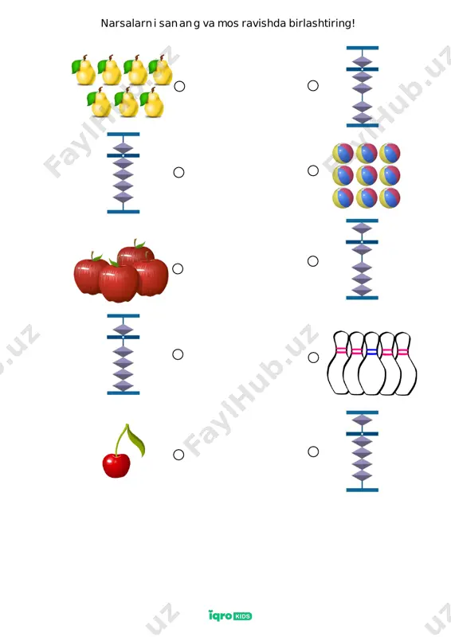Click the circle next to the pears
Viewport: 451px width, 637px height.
[179, 86]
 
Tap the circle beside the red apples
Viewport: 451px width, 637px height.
[178, 268]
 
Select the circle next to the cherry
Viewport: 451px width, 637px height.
[178, 455]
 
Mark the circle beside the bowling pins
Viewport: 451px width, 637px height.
[313, 358]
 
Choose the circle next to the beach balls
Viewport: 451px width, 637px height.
[312, 170]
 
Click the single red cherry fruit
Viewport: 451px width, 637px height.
[116, 466]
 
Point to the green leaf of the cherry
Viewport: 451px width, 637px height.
[136, 441]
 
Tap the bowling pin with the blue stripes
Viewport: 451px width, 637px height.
[372, 363]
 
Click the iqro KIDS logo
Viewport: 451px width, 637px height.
[230, 616]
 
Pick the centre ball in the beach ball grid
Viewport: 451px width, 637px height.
[367, 175]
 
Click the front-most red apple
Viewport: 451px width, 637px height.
[119, 283]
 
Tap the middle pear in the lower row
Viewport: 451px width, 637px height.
[126, 104]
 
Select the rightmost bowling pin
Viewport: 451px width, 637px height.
[405, 363]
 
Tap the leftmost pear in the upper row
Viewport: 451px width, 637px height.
[84, 71]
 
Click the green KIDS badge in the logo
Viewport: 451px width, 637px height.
[243, 616]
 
